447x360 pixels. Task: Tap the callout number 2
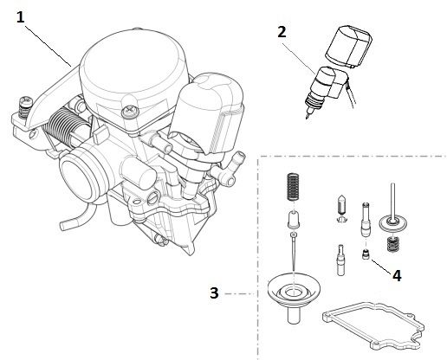coord(282,32)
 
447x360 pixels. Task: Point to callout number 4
coord(397,276)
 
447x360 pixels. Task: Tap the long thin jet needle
coord(295,256)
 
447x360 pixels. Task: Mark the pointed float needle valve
coord(340,208)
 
